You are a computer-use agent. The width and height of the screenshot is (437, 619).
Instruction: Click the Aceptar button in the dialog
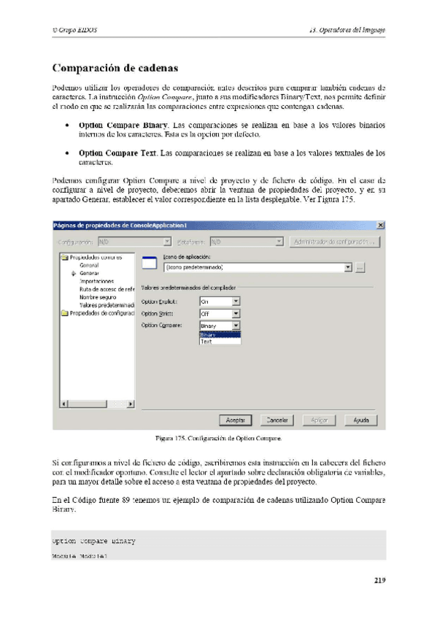[x=235, y=420]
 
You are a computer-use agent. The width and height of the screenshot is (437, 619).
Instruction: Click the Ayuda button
[x=360, y=420]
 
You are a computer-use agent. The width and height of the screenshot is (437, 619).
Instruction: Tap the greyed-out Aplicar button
[x=319, y=420]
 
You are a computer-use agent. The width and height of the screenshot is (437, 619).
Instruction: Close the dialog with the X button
[x=380, y=225]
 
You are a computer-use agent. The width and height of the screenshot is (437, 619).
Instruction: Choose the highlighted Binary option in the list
[x=219, y=334]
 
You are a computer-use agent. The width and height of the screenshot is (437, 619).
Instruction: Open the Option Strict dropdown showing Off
[x=236, y=313]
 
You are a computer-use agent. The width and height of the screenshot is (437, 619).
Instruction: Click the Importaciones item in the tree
[x=96, y=281]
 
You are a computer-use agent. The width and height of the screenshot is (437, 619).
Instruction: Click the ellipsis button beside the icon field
[x=360, y=268]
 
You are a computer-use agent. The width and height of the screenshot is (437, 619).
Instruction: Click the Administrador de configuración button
[x=333, y=242]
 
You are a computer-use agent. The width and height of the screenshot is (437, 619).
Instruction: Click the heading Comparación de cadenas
[x=115, y=69]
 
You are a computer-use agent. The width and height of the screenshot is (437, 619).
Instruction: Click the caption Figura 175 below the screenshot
[x=217, y=439]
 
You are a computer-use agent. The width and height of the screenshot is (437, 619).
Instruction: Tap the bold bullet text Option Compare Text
[x=117, y=153]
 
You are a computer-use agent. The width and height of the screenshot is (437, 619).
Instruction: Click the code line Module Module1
[x=80, y=556]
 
